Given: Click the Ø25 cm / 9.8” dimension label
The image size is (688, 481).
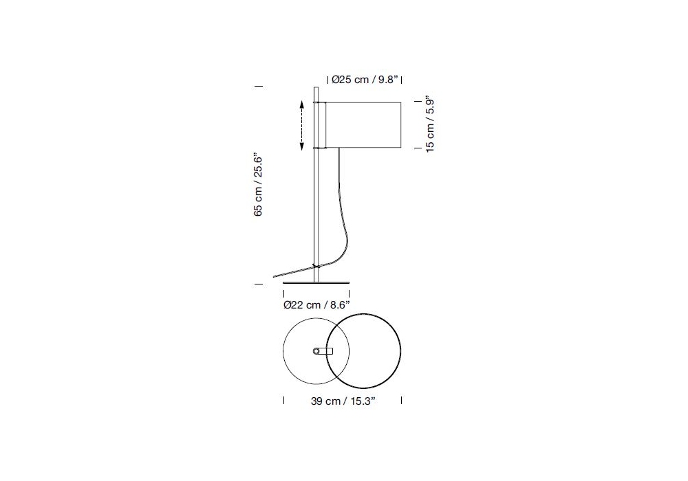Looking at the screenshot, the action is [365, 80].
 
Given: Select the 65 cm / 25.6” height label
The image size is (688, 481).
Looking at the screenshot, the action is [258, 186].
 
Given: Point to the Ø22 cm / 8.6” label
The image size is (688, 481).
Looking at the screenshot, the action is [316, 305].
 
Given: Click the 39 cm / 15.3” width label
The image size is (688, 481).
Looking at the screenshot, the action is [343, 401].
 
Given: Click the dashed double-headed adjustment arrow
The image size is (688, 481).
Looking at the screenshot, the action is [302, 125].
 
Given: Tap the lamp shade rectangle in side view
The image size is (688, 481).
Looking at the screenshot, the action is [363, 125].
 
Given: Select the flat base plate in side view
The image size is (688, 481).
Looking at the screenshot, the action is [316, 282].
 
